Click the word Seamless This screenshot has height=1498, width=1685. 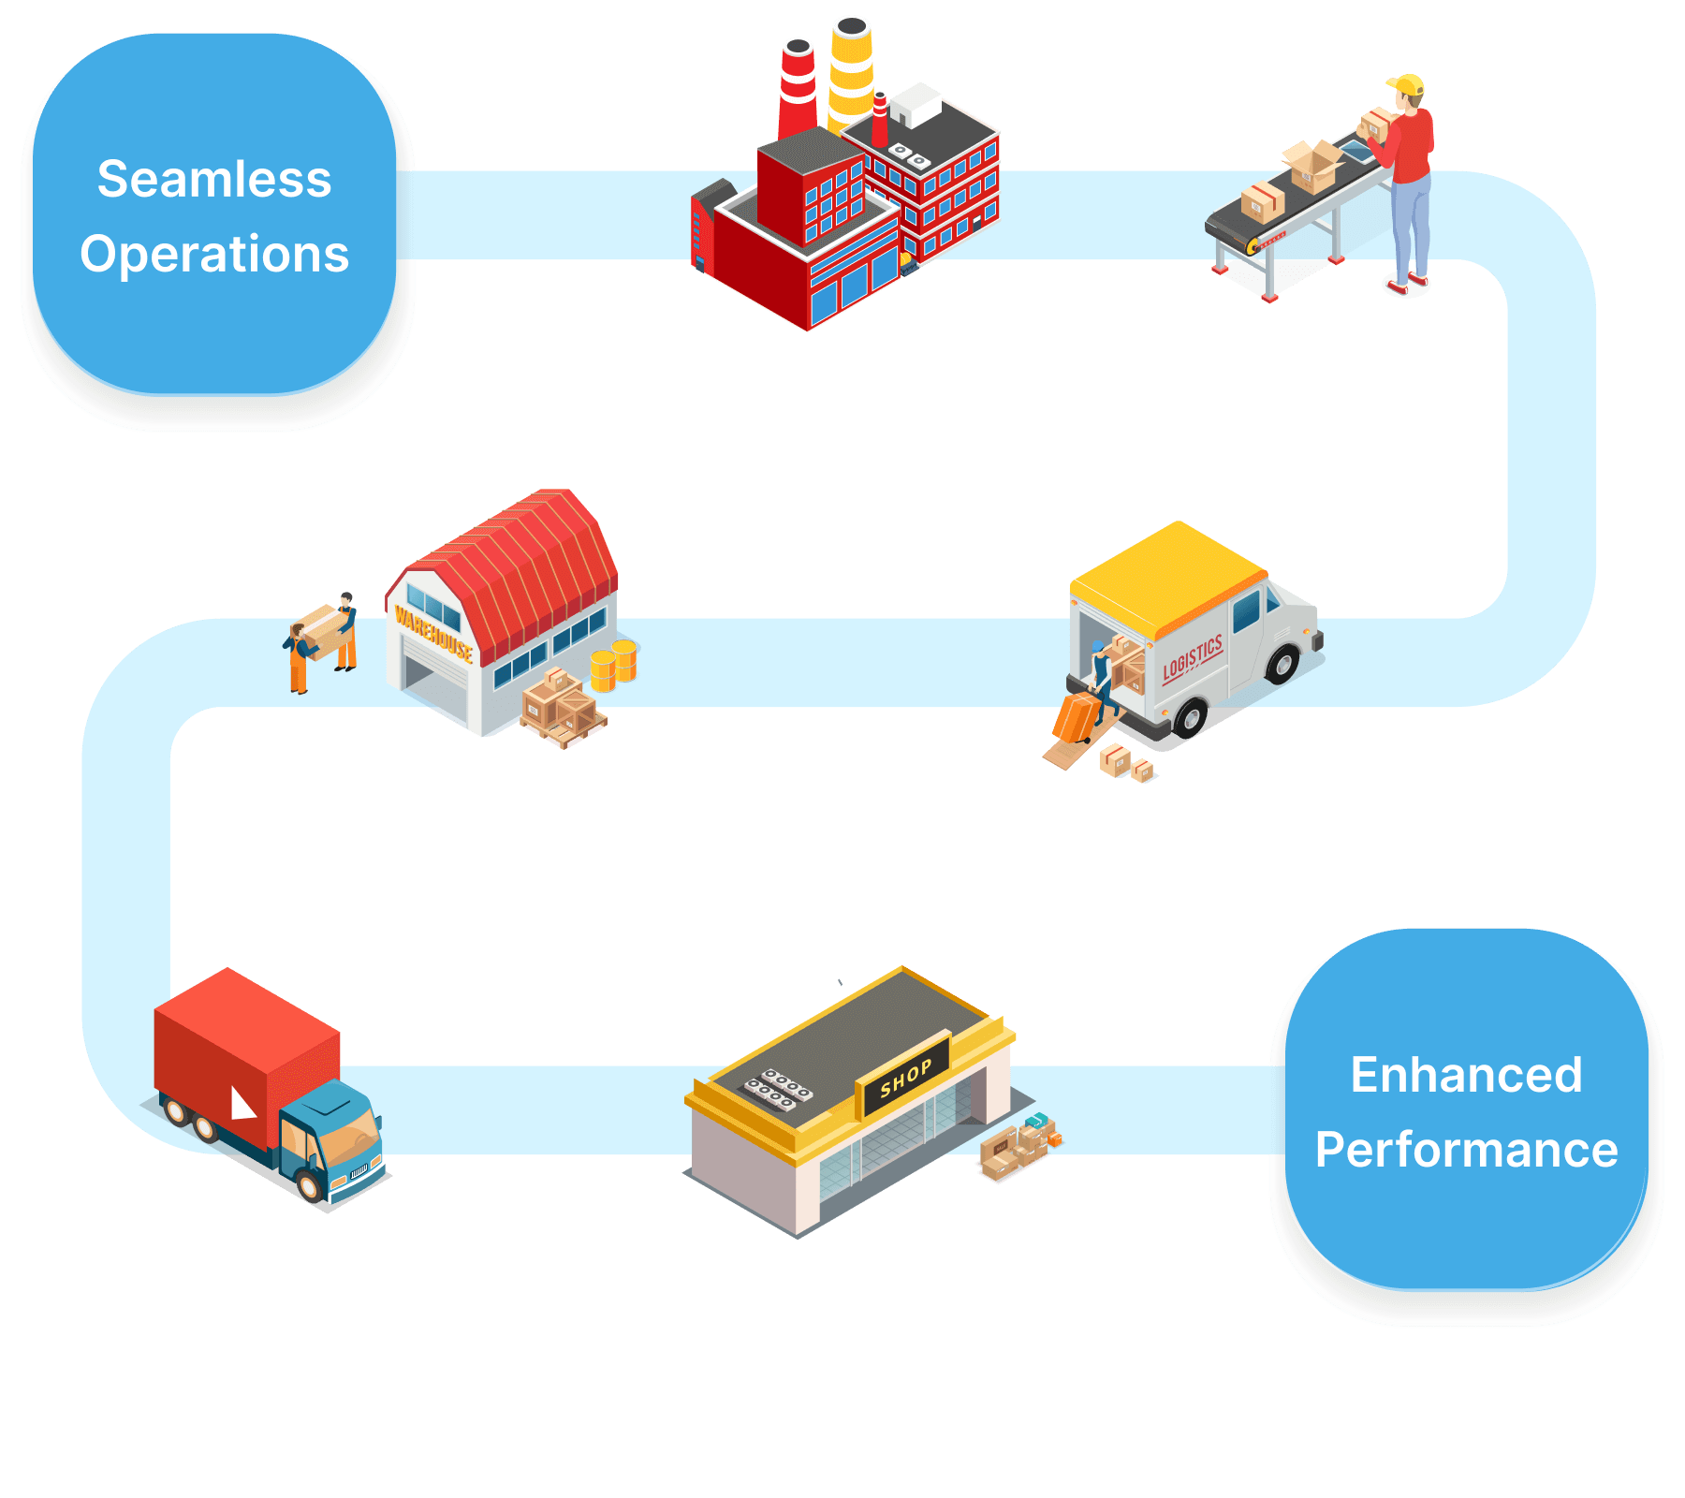(214, 179)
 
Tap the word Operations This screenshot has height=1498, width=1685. (214, 254)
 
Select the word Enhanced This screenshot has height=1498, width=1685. (1466, 1075)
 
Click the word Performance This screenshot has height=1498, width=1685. (1466, 1150)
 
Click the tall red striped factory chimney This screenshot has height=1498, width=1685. (798, 89)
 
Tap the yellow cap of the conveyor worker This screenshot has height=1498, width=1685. (1407, 85)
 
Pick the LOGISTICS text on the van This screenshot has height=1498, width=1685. (1193, 658)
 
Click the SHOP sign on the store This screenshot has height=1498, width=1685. (905, 1078)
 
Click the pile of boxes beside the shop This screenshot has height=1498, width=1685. (1018, 1146)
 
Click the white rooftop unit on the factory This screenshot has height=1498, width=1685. (915, 104)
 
